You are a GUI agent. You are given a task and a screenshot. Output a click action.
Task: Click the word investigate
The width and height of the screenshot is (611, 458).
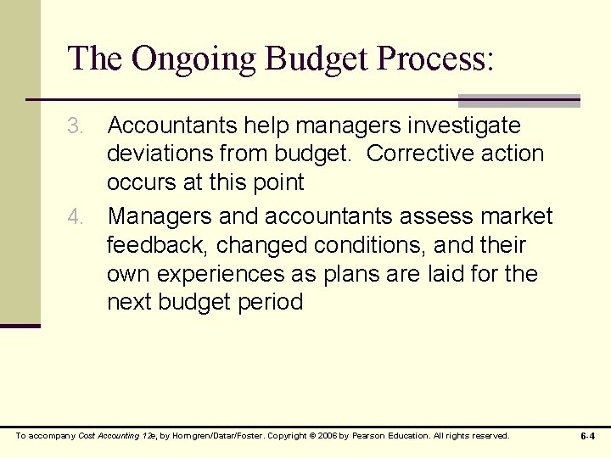click(x=464, y=126)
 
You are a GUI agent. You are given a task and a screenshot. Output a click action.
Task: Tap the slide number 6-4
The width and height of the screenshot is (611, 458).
click(x=587, y=436)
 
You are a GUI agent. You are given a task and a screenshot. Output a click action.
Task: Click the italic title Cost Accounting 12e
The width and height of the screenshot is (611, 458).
click(x=116, y=436)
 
